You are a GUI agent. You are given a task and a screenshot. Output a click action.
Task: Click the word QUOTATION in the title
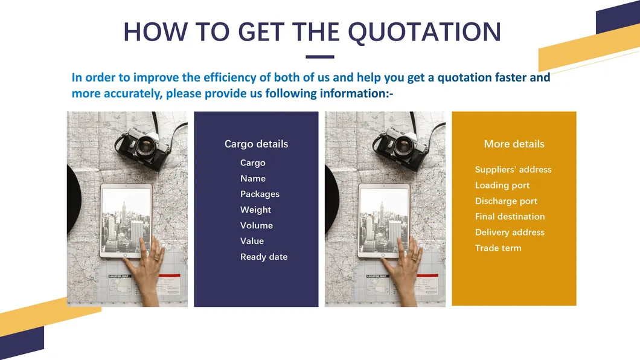[x=424, y=32]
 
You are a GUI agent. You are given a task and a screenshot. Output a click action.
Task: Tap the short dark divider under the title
[x=319, y=57]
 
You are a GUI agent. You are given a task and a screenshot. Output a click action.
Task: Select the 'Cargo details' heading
[x=257, y=144]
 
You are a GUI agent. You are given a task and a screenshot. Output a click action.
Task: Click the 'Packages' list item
[x=260, y=194]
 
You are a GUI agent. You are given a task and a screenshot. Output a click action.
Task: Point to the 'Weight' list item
[x=255, y=210]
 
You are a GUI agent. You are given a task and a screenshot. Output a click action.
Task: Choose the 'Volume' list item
[x=257, y=225]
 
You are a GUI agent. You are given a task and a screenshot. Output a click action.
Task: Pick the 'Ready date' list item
[x=264, y=257]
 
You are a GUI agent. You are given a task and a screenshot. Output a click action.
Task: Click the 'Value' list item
[x=252, y=241]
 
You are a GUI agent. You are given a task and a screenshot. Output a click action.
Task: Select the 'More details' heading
[x=514, y=144]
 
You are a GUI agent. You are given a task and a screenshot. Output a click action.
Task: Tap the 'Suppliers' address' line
[x=513, y=169]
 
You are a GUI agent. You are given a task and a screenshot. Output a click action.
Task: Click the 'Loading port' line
[x=502, y=185]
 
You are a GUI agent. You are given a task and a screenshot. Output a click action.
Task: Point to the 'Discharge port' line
[x=506, y=201]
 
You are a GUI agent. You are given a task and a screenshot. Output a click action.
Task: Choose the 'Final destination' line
[x=510, y=216]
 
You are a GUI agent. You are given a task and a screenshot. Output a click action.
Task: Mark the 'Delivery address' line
[x=510, y=232]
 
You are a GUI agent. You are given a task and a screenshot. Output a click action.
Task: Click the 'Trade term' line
[x=498, y=248]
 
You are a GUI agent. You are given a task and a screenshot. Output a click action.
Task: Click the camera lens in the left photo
[x=146, y=145]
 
